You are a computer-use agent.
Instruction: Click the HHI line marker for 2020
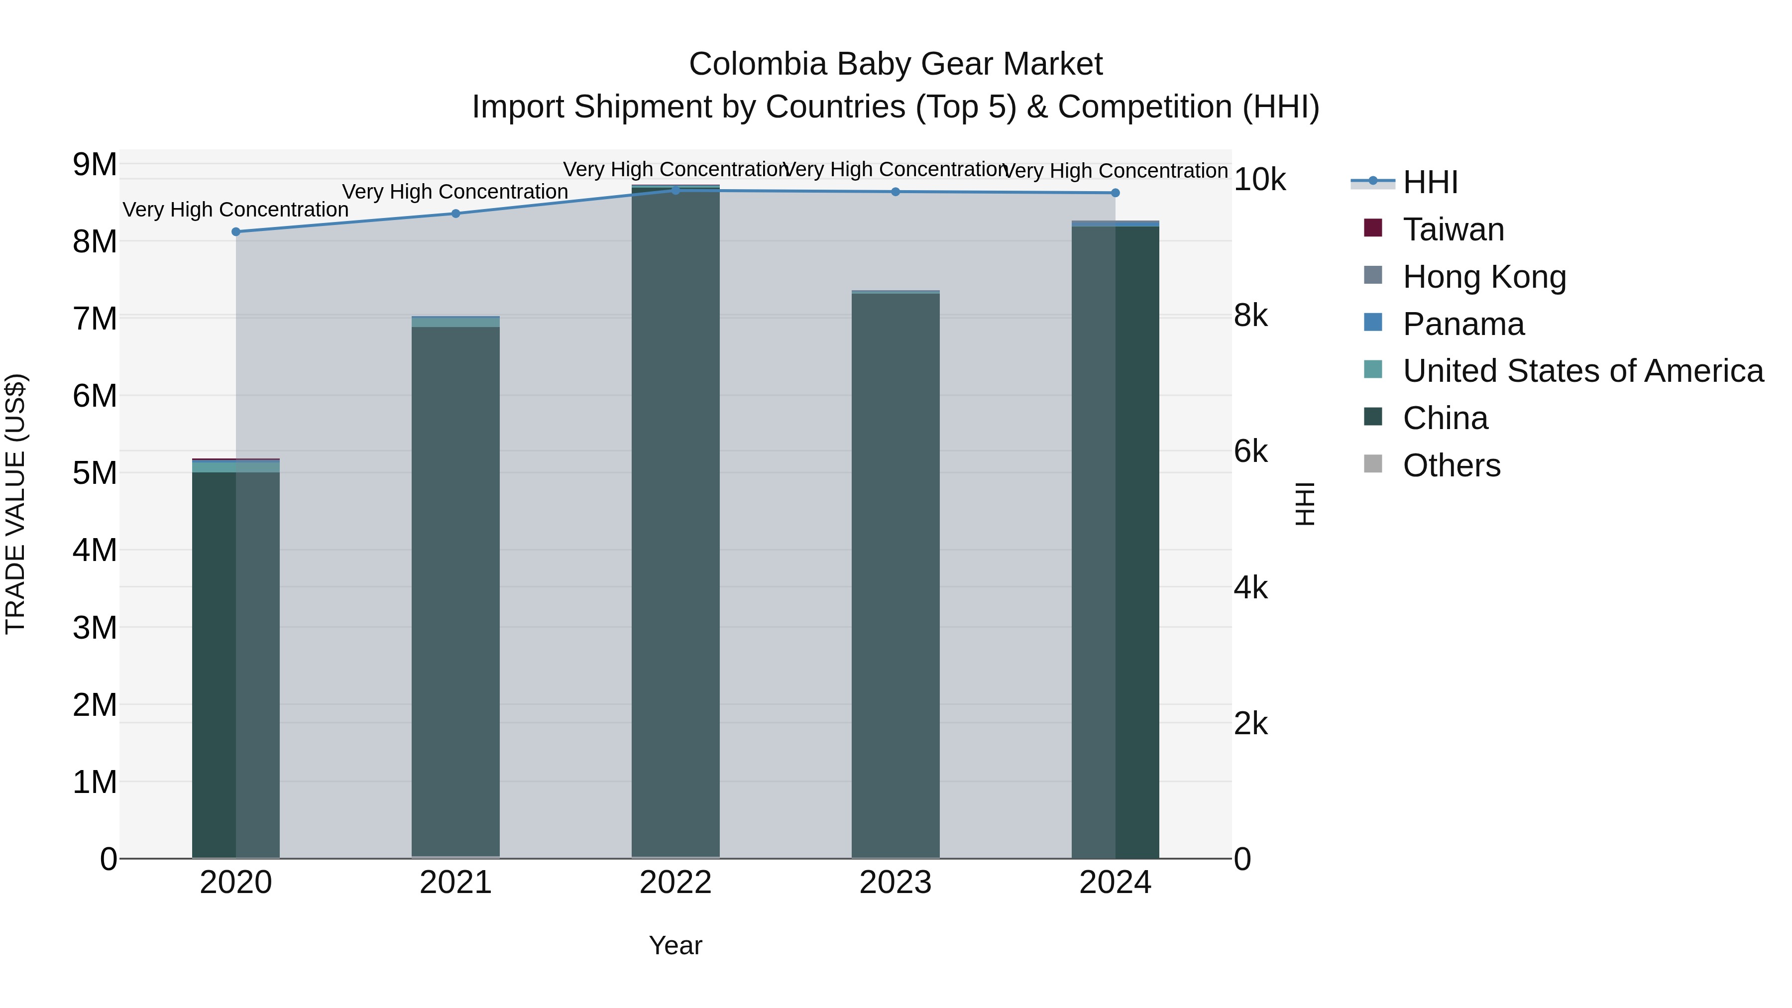coord(236,231)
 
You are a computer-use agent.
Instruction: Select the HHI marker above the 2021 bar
coord(455,214)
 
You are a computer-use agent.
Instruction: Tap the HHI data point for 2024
coord(1115,193)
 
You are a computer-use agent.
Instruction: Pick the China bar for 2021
coord(455,591)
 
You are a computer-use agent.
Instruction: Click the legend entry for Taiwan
coord(1453,229)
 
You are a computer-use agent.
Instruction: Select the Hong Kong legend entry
coord(1484,277)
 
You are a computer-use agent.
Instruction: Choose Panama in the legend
coord(1463,324)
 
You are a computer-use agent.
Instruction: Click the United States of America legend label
coord(1582,371)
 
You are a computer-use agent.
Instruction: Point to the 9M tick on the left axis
coord(95,165)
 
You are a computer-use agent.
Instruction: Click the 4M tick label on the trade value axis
coord(95,550)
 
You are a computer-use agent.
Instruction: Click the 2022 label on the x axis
coord(675,883)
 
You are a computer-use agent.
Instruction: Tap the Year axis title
coord(675,945)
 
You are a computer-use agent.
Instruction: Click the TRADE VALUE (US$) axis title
coord(15,504)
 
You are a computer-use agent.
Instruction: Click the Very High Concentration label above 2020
coord(236,210)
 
